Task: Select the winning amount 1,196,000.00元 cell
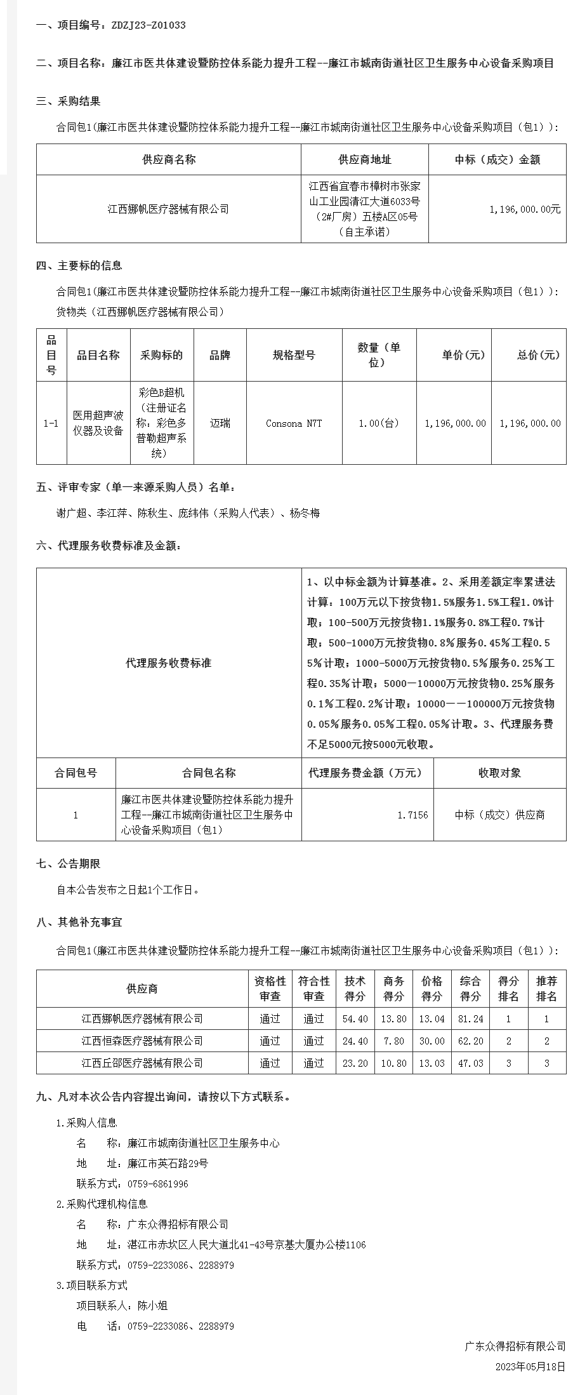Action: click(525, 209)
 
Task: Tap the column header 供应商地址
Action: click(365, 159)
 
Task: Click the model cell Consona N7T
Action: click(294, 424)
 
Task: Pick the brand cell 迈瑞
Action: click(220, 424)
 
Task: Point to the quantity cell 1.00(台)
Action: click(379, 424)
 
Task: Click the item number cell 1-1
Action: click(51, 424)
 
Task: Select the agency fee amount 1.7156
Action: click(412, 815)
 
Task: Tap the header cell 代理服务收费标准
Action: click(169, 663)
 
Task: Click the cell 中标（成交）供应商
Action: click(499, 815)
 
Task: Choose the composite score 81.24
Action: click(470, 1019)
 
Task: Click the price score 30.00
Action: click(432, 1041)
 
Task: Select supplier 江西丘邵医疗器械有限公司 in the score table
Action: click(142, 1064)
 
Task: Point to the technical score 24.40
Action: click(355, 1041)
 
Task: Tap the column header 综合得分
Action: click(470, 989)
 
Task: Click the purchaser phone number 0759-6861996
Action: click(158, 1184)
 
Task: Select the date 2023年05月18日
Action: click(530, 1366)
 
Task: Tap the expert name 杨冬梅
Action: click(305, 513)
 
